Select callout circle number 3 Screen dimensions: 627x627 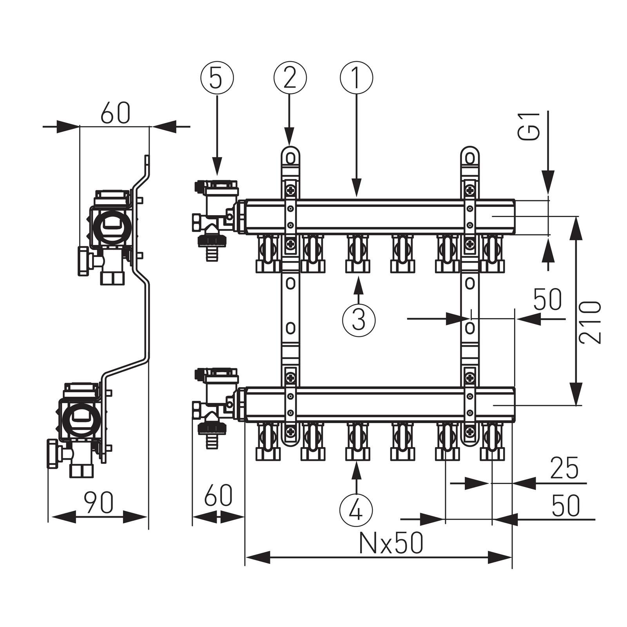[359, 319]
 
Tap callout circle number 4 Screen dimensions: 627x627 [356, 509]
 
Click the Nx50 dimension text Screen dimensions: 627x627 [391, 544]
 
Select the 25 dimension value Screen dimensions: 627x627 [564, 468]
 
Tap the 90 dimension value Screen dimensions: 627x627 [99, 502]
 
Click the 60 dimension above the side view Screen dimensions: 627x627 [115, 114]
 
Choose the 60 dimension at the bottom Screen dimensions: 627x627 [218, 495]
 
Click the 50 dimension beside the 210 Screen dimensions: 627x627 [547, 299]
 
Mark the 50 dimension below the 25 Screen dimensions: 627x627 [565, 506]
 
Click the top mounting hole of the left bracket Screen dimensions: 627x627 [290, 158]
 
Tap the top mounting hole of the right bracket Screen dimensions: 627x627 [470, 158]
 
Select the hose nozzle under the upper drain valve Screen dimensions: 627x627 [212, 254]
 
